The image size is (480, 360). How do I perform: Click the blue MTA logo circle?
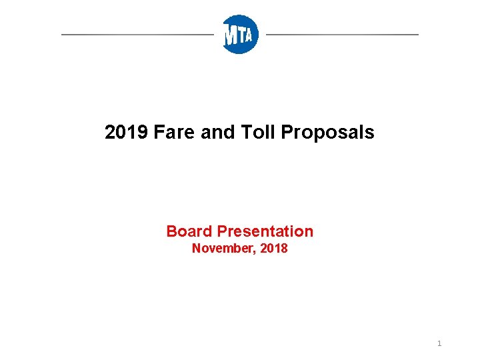coord(240,34)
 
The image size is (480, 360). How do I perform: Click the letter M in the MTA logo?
coord(231,35)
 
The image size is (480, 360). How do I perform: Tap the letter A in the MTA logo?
coord(249,35)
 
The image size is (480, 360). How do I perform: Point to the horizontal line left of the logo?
coord(137,34)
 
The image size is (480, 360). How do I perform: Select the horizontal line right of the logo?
coord(342,34)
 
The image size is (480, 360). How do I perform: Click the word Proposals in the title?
coord(327,133)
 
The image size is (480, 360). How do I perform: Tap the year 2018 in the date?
coord(274,249)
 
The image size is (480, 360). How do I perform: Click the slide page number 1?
coord(439,343)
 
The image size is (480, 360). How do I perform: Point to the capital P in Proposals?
coord(287,132)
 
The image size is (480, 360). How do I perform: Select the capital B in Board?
coord(171,231)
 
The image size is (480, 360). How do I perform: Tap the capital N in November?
coord(196,249)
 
